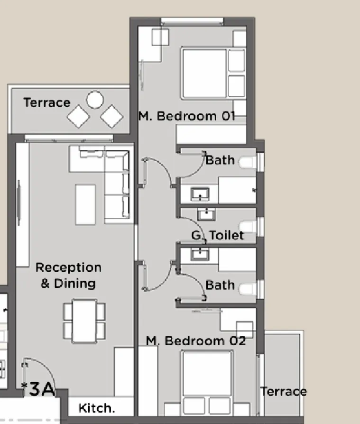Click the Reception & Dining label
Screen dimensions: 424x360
click(68, 276)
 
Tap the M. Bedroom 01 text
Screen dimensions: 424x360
click(186, 116)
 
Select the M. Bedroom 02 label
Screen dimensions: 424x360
click(195, 341)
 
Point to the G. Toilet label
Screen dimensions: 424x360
click(217, 235)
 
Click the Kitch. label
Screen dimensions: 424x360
click(96, 408)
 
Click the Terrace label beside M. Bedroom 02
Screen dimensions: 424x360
click(283, 391)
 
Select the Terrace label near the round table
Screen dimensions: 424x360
click(46, 102)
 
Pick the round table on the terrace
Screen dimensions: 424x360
click(95, 100)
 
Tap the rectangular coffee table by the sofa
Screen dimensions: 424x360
click(85, 204)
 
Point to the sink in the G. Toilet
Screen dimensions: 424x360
click(206, 214)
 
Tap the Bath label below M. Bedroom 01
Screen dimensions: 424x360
click(220, 160)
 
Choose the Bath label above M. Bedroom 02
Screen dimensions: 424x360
click(220, 285)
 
